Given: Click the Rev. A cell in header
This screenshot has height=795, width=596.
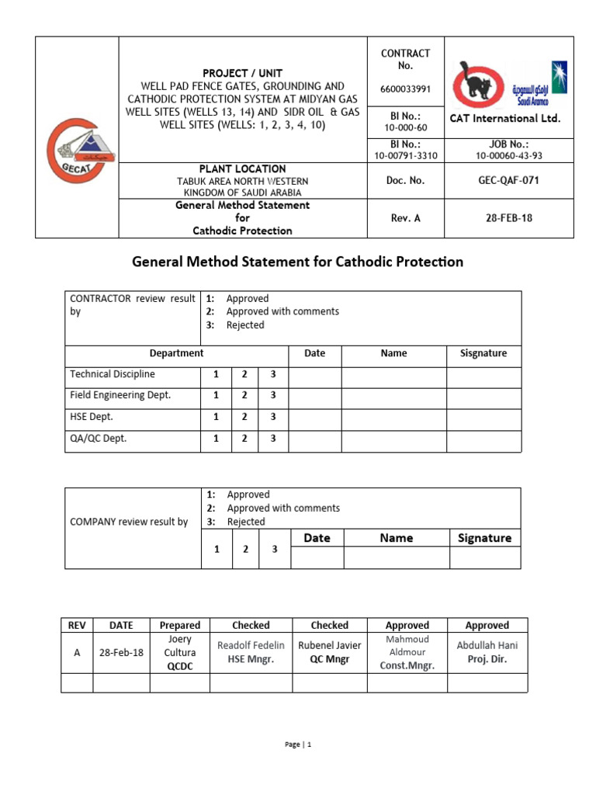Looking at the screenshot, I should pyautogui.click(x=405, y=218).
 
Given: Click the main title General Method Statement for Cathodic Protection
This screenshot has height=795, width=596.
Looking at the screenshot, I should pyautogui.click(x=297, y=262).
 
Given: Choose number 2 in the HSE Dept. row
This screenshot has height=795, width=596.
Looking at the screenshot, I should pyautogui.click(x=244, y=417).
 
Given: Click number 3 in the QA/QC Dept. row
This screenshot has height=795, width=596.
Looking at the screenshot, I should pyautogui.click(x=272, y=439).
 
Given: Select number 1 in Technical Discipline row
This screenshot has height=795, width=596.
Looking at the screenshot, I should pyautogui.click(x=215, y=374).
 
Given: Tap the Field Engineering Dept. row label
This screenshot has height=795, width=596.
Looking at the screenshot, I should pyautogui.click(x=120, y=395).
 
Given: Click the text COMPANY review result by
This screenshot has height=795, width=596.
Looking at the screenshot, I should pyautogui.click(x=129, y=522).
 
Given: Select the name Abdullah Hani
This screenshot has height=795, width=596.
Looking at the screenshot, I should pyautogui.click(x=487, y=645).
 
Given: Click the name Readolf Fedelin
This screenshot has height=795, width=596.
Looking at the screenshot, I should pyautogui.click(x=251, y=645).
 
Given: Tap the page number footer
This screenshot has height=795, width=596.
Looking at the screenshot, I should pyautogui.click(x=298, y=745).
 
